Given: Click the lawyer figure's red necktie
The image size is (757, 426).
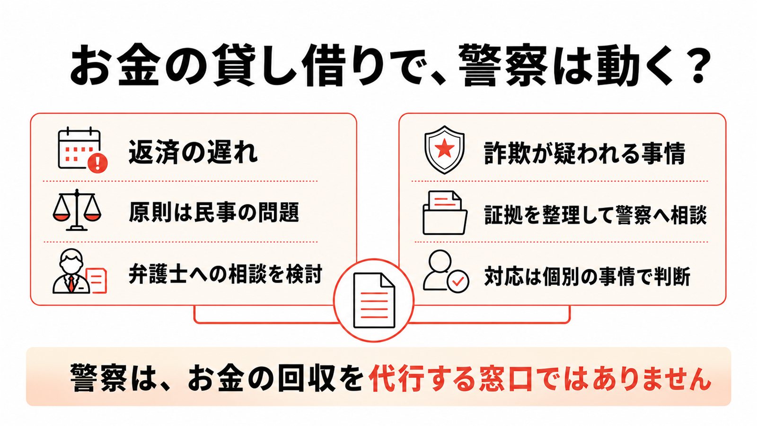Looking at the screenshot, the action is tap(71, 284).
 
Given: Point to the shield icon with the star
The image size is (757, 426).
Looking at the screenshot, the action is tap(444, 150).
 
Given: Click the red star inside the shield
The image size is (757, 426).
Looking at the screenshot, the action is tap(444, 149).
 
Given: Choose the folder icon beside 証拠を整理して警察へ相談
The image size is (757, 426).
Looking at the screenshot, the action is tap(445, 213).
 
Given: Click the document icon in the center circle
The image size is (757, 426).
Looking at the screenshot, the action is tap(374, 300).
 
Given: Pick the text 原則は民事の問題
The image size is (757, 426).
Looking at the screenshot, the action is tap(214, 213).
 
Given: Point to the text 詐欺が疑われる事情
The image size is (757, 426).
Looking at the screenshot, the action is tap(585, 153).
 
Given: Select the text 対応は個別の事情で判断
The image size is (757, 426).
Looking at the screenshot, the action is tap(587, 276).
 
